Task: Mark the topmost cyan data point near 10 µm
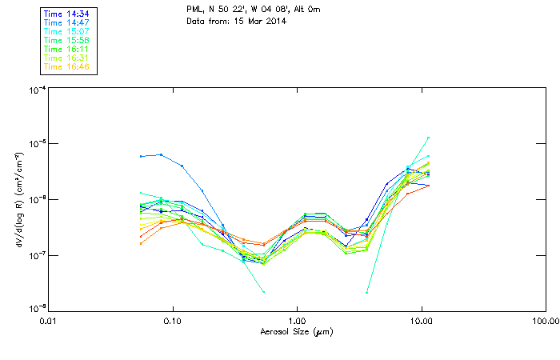click(x=428, y=138)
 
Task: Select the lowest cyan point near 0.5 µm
click(x=263, y=292)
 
